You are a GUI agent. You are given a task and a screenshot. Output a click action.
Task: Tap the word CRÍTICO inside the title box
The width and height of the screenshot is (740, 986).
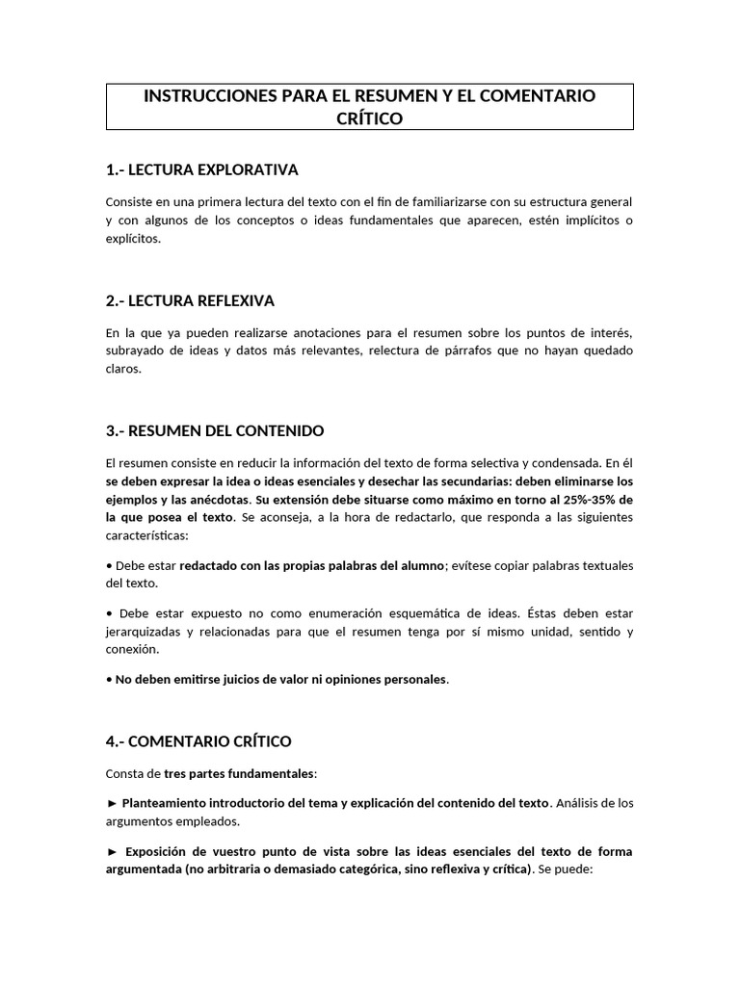pos(369,118)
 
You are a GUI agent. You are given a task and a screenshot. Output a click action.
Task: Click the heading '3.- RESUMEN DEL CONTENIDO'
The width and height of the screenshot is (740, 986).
pos(215,429)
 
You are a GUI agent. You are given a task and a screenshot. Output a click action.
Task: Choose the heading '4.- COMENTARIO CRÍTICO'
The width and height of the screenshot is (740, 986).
pos(198,741)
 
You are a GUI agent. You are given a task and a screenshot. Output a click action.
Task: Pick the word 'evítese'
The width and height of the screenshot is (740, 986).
pos(474,565)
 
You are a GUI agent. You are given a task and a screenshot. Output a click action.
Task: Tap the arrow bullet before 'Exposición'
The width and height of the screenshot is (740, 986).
pos(112,852)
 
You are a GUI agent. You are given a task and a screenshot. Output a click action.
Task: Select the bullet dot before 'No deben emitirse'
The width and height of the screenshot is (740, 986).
pos(108,680)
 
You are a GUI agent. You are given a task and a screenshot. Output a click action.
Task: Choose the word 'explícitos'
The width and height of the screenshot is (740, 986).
pos(133,239)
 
